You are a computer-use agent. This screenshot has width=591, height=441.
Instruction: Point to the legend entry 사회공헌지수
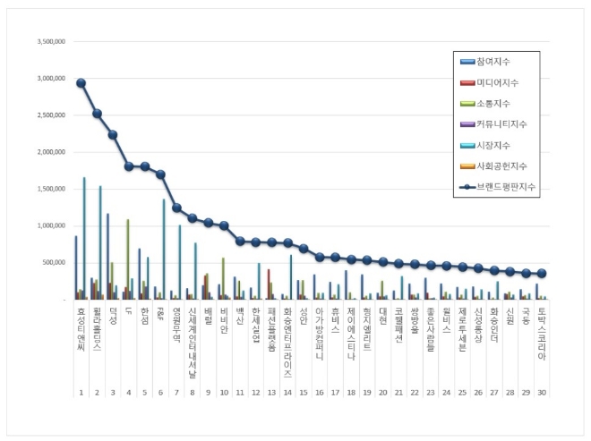tap(500, 166)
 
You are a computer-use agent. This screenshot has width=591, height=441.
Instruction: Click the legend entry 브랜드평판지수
tap(503, 187)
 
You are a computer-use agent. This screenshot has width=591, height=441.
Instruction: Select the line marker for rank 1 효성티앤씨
tap(81, 83)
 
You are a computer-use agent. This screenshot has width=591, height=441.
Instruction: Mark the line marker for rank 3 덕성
tap(113, 135)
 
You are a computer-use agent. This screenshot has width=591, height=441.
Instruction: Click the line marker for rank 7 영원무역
tap(177, 208)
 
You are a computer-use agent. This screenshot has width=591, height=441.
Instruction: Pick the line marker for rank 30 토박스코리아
tap(542, 274)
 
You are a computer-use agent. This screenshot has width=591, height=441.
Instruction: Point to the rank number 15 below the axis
tap(302, 393)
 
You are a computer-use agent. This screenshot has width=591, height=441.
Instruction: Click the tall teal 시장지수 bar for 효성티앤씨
tap(85, 238)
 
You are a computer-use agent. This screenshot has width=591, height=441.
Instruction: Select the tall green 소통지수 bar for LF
tap(127, 259)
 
